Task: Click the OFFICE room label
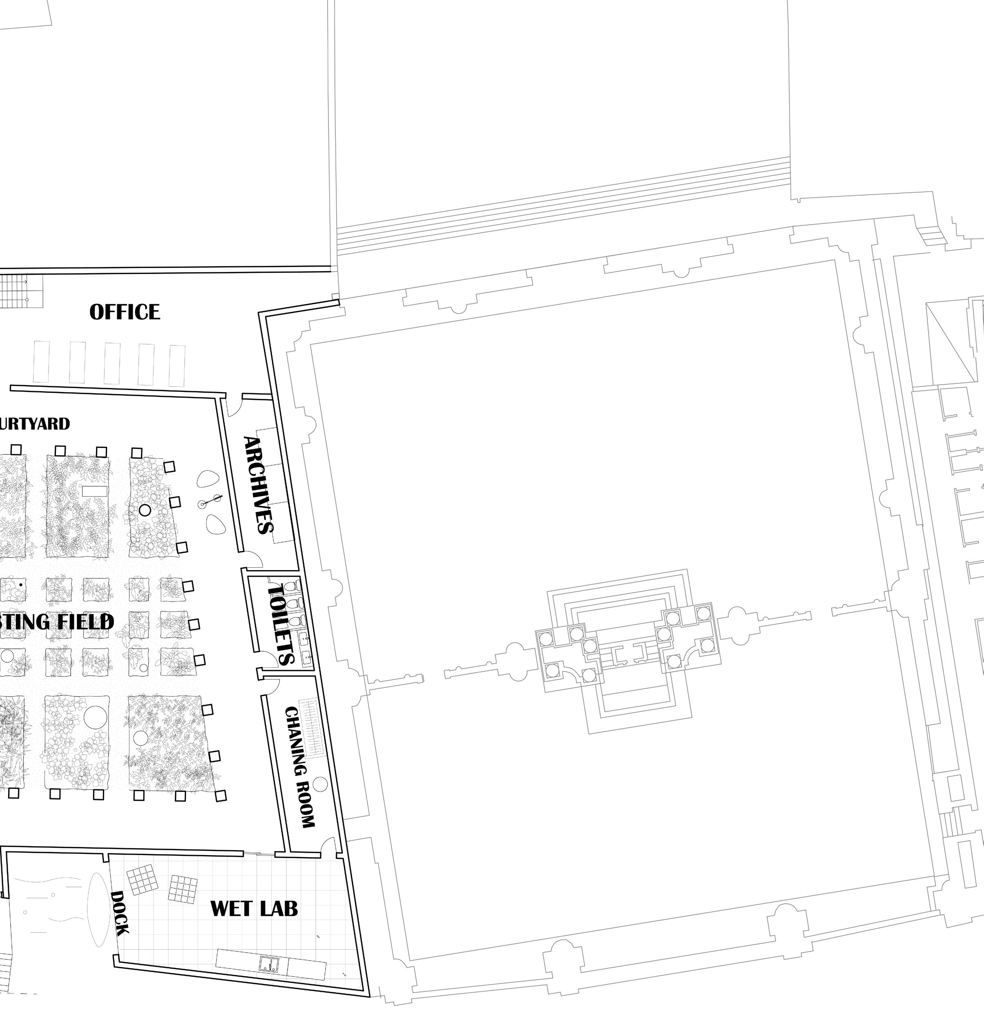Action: pyautogui.click(x=125, y=312)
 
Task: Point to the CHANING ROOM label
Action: pyautogui.click(x=300, y=767)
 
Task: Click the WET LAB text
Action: pyautogui.click(x=254, y=908)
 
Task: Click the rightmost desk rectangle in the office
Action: pyautogui.click(x=177, y=365)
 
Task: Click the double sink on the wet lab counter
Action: pyautogui.click(x=269, y=964)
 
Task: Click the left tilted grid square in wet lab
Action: pyautogui.click(x=141, y=880)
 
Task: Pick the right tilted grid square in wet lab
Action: pyautogui.click(x=183, y=889)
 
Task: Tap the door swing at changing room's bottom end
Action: pyautogui.click(x=328, y=845)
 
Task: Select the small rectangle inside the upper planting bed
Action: pyautogui.click(x=94, y=491)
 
